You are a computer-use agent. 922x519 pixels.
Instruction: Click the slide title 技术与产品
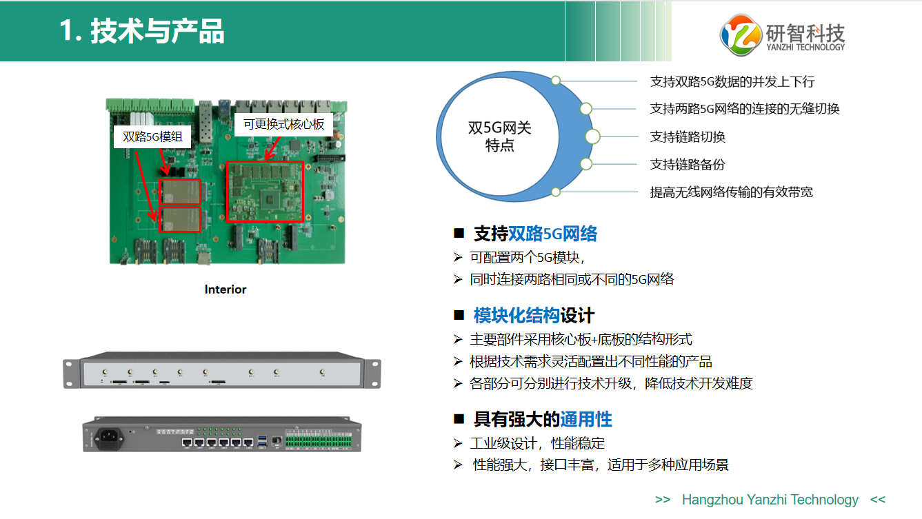(x=157, y=31)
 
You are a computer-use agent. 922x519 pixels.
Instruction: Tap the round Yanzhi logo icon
(x=741, y=34)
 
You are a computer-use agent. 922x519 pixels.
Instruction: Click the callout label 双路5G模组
(x=152, y=136)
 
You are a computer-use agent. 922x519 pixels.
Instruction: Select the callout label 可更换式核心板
(x=283, y=124)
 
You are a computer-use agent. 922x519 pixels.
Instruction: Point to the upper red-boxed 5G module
(x=180, y=192)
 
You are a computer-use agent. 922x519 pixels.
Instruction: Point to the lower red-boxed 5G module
(x=180, y=220)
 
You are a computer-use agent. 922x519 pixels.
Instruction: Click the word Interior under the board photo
(x=225, y=289)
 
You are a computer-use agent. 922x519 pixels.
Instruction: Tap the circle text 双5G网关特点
(x=500, y=136)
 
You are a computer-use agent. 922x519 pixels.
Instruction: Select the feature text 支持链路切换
(x=688, y=136)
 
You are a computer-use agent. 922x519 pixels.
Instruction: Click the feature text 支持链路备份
(x=688, y=165)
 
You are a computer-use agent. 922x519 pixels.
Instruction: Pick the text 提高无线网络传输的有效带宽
(x=732, y=192)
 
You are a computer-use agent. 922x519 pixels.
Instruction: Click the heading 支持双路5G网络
(x=535, y=234)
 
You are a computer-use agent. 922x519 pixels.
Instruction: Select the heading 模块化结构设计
(x=534, y=316)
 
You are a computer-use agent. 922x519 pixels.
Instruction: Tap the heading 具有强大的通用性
(x=543, y=419)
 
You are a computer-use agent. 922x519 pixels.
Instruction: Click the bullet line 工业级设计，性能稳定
(x=537, y=443)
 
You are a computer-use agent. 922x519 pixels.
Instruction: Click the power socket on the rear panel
(x=109, y=438)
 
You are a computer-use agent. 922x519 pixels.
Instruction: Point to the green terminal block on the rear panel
(x=319, y=441)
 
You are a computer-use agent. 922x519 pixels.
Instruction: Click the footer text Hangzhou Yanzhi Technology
(x=770, y=500)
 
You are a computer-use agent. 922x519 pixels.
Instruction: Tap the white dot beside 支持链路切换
(x=592, y=136)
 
